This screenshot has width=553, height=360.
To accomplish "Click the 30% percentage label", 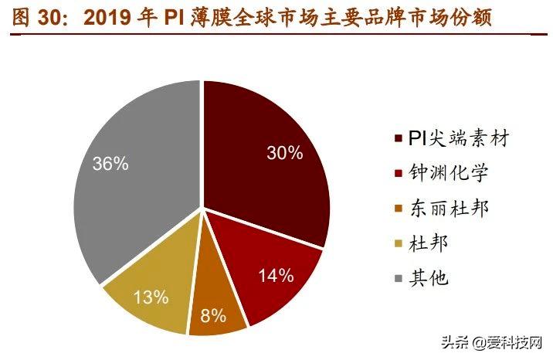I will pos(283,152).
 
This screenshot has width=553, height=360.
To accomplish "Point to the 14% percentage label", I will pos(276,274).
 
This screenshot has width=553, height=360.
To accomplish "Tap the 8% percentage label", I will pos(213,315).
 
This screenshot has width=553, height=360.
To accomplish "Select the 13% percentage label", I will pos(151,297).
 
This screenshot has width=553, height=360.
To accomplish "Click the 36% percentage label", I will pos(110,164).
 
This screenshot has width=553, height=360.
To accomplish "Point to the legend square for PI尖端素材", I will pos(398,140).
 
